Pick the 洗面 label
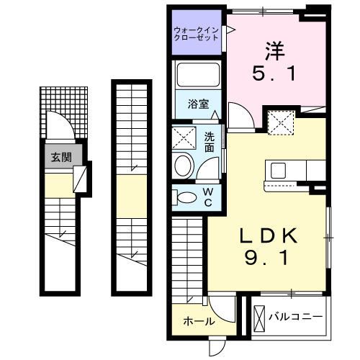coord(210,142)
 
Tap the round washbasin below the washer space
coord(185,165)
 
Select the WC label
coord(207,197)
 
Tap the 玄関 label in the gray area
coord(60,157)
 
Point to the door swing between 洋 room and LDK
coord(238,114)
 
